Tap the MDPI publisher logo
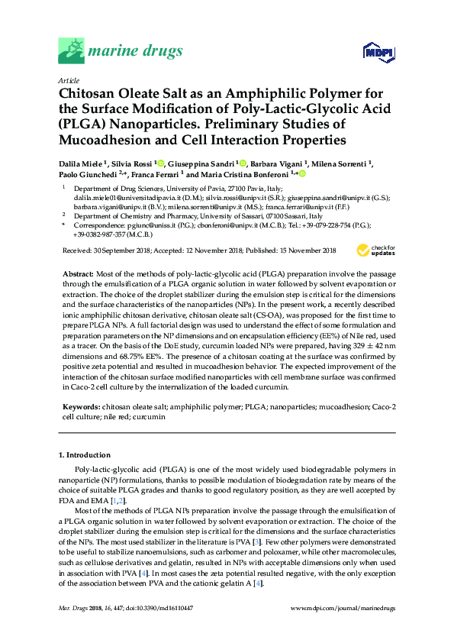click(x=378, y=52)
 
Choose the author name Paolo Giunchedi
click(x=89, y=174)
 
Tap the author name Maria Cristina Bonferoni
click(x=242, y=174)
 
